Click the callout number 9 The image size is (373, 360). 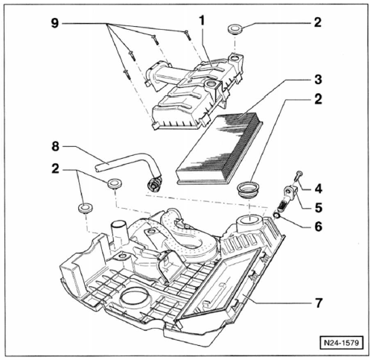point(55,23)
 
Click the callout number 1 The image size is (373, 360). point(202,21)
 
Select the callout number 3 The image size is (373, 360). point(318,80)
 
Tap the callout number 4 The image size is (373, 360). point(318,189)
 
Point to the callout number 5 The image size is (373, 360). point(319,207)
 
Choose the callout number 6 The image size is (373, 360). point(319,227)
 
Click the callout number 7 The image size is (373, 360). point(319,303)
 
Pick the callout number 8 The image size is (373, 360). point(55,146)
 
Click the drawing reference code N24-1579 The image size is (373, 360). point(342,343)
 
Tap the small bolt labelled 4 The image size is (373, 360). point(299,176)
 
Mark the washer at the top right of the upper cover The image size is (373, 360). point(235,28)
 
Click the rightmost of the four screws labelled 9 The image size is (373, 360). point(188,35)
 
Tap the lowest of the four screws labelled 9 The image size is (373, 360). point(127,75)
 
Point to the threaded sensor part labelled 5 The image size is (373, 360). point(287,199)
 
